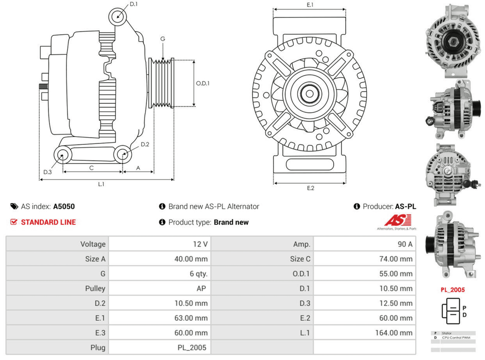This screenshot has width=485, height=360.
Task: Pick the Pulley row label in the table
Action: coord(95,288)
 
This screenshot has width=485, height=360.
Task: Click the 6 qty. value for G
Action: coord(198,274)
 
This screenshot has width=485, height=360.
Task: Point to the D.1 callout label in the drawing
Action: coord(134,4)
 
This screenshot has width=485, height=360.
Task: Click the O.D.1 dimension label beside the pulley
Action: coord(203,83)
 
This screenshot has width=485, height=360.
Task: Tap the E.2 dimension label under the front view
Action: coord(310,188)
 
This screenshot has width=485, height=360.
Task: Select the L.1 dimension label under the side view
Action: coord(101,184)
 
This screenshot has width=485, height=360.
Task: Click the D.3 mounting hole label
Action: coord(47,172)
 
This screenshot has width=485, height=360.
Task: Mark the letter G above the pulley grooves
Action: coord(163,39)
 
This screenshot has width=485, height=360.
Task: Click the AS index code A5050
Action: coord(64,206)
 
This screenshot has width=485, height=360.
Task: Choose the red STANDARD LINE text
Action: coord(48,222)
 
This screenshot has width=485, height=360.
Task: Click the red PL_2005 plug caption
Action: coord(452,290)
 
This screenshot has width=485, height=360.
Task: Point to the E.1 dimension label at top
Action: coord(310,4)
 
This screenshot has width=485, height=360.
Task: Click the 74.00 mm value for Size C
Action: coord(396,259)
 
